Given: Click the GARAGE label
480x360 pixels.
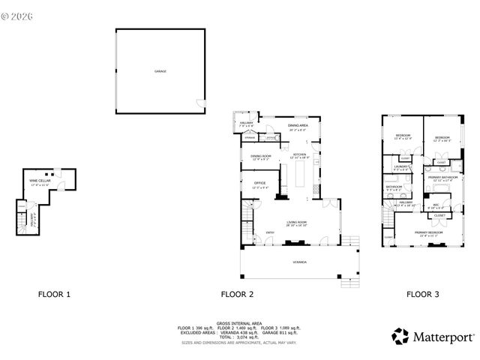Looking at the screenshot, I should [x=160, y=71].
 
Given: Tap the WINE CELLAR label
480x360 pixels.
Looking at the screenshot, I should [x=39, y=181].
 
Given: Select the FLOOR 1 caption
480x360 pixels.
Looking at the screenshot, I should [x=54, y=295].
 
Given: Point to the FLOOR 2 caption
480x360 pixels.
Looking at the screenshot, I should [x=236, y=295].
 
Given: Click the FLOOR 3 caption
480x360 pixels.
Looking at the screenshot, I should [x=423, y=295].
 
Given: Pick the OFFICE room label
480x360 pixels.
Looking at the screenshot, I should [x=260, y=182].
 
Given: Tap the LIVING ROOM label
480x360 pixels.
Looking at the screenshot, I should [x=297, y=223].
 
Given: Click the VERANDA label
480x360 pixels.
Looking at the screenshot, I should [x=300, y=263].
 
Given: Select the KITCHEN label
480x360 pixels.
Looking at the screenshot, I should [x=300, y=155].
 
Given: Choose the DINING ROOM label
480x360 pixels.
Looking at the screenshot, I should [x=260, y=156].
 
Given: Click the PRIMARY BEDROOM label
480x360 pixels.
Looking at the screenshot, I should [x=428, y=232].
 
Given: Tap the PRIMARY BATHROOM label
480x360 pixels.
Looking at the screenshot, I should [x=445, y=177].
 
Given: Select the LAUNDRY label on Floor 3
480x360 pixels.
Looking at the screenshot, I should [x=400, y=166].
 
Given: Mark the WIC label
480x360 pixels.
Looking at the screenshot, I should [x=435, y=205].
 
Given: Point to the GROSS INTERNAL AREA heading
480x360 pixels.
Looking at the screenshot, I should [x=239, y=321].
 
